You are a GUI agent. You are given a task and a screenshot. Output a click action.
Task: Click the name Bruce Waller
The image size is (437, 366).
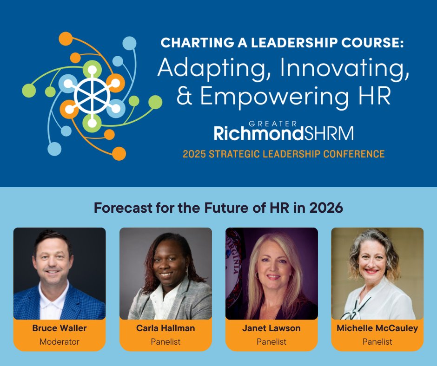[60, 328]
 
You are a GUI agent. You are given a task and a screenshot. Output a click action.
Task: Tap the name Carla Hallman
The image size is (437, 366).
[166, 328]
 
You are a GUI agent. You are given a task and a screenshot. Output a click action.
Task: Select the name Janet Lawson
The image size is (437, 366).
[271, 328]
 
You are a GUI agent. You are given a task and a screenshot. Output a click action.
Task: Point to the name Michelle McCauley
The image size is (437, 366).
[377, 328]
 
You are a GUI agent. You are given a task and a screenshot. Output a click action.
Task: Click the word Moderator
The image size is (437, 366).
[60, 342]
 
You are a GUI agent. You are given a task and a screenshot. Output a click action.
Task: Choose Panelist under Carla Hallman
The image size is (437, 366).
[166, 342]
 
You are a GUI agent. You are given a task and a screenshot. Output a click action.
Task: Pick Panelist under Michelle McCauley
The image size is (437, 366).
[377, 342]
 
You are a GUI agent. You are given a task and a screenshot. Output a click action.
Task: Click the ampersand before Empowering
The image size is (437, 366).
[185, 97]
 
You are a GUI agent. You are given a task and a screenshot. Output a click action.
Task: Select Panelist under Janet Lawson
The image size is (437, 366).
[271, 342]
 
